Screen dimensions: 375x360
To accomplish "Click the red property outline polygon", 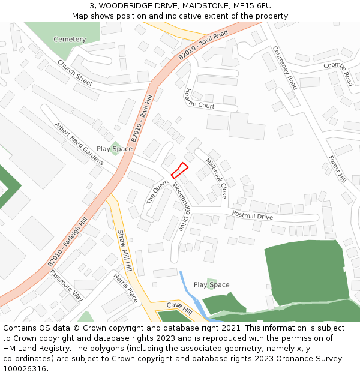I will [x=179, y=170].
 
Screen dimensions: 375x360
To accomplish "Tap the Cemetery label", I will [x=70, y=40].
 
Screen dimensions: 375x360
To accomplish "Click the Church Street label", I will [x=75, y=73].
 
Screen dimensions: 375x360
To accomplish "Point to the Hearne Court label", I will [x=199, y=99].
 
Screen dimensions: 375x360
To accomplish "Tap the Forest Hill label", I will [x=337, y=169].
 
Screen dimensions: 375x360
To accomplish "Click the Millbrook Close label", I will [x=216, y=178].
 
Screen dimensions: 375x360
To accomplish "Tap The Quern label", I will [x=158, y=192].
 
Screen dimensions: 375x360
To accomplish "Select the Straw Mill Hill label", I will [x=124, y=251].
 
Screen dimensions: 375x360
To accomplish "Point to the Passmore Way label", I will [x=66, y=284].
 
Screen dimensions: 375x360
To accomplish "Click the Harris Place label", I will [x=125, y=287].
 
